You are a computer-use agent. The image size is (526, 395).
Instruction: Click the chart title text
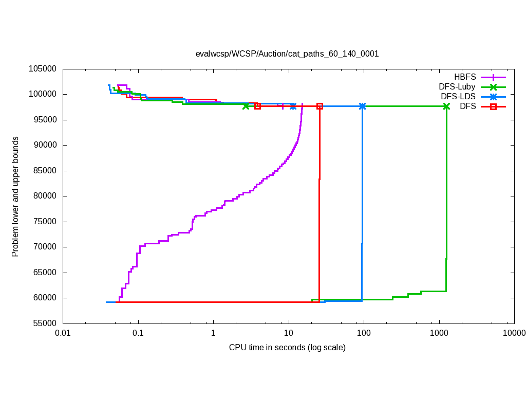coord(287,53)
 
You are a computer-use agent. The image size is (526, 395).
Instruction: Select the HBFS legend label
coord(465,77)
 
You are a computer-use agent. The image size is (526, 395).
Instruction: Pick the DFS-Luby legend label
coord(457,87)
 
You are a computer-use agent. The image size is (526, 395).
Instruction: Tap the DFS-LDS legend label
coord(458,97)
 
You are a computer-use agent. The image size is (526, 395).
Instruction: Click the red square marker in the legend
coord(493,106)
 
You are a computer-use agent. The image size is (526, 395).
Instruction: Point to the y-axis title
coord(15,196)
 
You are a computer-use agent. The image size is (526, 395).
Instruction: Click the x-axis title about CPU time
coord(287,348)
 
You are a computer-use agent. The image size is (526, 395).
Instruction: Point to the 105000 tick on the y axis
coord(43,69)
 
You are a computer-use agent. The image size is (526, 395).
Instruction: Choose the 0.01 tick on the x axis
coord(63,333)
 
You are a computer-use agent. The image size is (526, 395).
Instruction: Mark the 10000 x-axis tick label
coord(514,333)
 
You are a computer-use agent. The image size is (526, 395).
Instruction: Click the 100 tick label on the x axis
coord(364,333)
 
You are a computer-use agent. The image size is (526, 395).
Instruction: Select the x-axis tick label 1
coord(213,333)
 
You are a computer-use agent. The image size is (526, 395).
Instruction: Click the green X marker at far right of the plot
coord(446,106)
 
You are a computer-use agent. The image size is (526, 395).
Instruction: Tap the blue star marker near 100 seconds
coord(363,106)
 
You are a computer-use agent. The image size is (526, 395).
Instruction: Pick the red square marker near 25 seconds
coord(320,106)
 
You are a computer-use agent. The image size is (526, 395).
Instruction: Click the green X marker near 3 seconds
coord(246,106)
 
